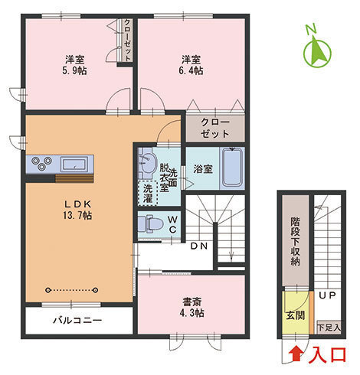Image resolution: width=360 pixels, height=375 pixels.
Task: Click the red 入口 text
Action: point(328,355)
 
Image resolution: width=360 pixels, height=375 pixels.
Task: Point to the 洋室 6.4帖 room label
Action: point(191,64)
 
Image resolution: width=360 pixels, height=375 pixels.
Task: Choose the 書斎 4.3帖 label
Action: point(191,306)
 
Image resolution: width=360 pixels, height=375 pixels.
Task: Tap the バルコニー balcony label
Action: point(77,320)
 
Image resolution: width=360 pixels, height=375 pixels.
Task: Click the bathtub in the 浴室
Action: point(233,168)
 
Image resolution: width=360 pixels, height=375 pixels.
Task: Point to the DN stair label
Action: point(199,246)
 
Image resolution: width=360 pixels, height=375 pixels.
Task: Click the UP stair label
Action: point(327,295)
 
